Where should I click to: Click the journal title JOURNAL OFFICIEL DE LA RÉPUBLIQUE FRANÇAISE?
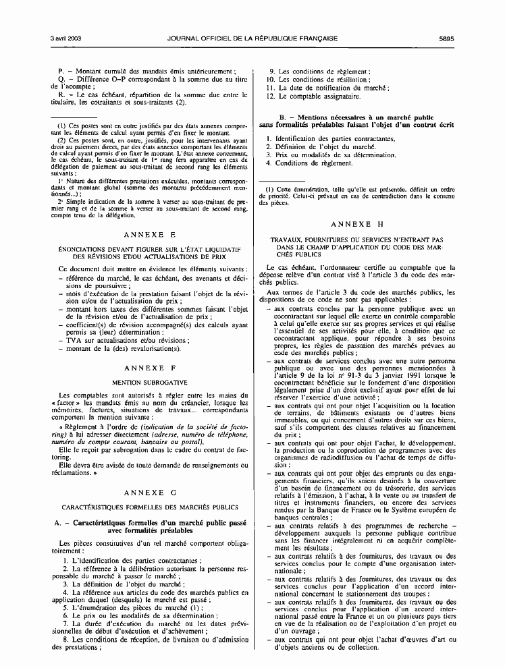[252, 38]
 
